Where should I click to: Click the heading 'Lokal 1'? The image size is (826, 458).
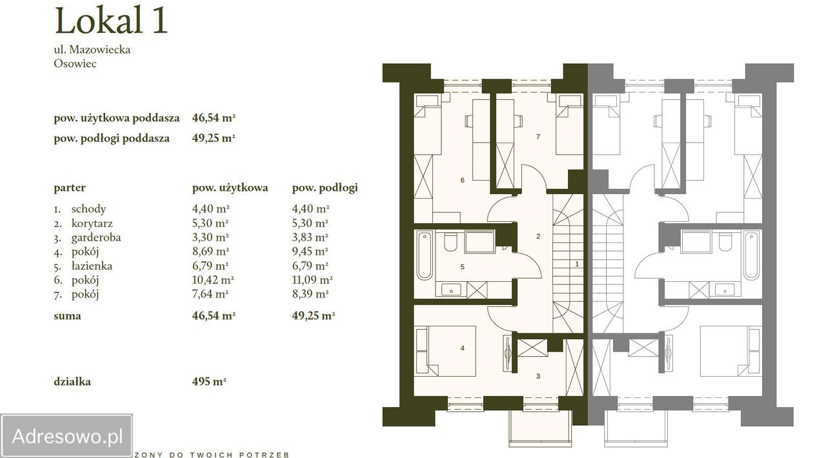tap(111, 21)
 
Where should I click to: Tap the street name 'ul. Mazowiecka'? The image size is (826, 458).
tap(92, 50)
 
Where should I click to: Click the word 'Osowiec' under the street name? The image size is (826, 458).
tap(76, 63)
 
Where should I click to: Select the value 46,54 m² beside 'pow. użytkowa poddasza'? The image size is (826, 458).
tap(214, 118)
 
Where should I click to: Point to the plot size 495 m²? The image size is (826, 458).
tap(208, 381)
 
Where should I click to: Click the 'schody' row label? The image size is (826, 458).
tap(88, 209)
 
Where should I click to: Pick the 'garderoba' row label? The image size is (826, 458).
tap(96, 237)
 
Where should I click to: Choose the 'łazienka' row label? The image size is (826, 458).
tap(92, 266)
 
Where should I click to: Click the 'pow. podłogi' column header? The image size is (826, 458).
tap(325, 188)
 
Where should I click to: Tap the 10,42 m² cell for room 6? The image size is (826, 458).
tap(213, 280)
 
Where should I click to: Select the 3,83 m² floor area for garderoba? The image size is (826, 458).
tap(310, 237)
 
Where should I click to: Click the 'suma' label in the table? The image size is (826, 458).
tap(67, 316)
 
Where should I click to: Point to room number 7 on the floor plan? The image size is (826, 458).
tap(538, 137)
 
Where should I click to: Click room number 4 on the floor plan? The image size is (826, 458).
tap(463, 348)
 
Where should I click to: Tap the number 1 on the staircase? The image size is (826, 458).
tap(577, 264)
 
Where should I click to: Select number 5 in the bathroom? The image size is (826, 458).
tap(463, 266)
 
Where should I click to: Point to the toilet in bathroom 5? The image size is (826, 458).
tap(450, 241)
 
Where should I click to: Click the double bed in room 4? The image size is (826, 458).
tap(445, 351)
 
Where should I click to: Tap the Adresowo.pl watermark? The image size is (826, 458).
tap(66, 436)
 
